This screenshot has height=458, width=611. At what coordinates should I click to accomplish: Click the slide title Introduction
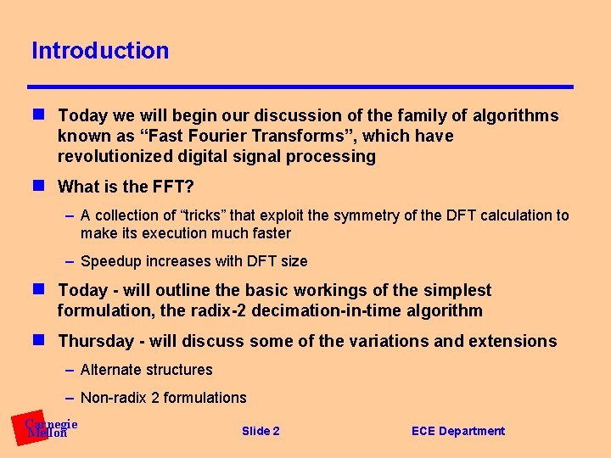tap(100, 51)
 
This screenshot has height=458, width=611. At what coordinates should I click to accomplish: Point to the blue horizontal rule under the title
tap(300, 87)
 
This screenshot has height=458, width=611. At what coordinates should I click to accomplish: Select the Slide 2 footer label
tap(261, 431)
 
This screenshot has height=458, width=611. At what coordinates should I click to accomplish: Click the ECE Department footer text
tap(457, 431)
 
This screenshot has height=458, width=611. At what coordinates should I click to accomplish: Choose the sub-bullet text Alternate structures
tap(146, 370)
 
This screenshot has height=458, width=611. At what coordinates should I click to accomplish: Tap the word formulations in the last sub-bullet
tap(205, 398)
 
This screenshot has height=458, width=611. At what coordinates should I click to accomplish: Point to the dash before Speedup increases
tap(70, 261)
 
